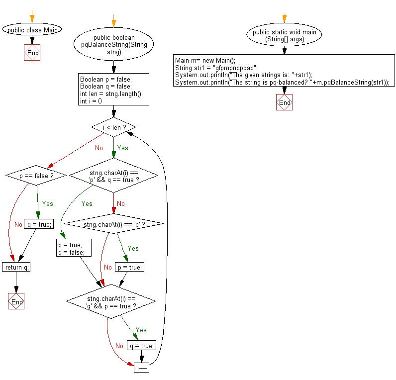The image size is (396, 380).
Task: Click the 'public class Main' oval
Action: pyautogui.click(x=32, y=30)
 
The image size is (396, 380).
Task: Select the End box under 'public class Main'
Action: pyautogui.click(x=32, y=53)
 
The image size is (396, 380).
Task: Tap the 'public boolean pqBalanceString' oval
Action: pyautogui.click(x=114, y=45)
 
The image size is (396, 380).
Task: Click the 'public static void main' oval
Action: pyautogui.click(x=284, y=36)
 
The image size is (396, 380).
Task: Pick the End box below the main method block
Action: pyautogui.click(x=284, y=102)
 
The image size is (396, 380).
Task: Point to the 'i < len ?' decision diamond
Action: pyautogui.click(x=114, y=128)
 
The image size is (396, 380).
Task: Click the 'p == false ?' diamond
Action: pyautogui.click(x=36, y=175)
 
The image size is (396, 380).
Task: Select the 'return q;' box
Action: pyautogui.click(x=16, y=268)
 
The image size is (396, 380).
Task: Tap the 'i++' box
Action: pyautogui.click(x=141, y=368)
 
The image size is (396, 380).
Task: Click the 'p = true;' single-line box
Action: pyautogui.click(x=129, y=268)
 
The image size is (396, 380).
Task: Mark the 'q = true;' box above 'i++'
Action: pyautogui.click(x=142, y=346)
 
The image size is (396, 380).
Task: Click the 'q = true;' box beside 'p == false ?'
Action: pyautogui.click(x=38, y=224)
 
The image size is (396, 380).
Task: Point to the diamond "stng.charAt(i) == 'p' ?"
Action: pyautogui.click(x=114, y=225)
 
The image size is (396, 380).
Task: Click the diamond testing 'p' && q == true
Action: pyautogui.click(x=114, y=176)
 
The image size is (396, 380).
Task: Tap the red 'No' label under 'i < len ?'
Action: pyautogui.click(x=99, y=148)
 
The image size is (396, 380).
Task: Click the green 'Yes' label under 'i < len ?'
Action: pyautogui.click(x=122, y=148)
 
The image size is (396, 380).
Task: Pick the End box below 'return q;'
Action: pyautogui.click(x=16, y=301)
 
